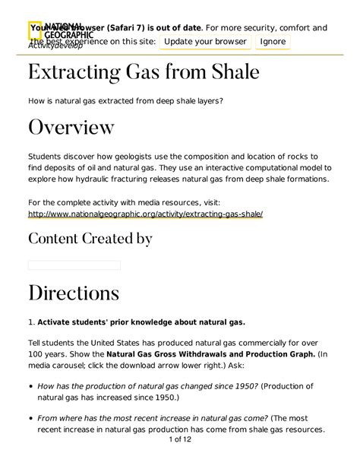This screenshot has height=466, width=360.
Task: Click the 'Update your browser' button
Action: [205, 41]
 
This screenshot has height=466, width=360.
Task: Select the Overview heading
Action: [71, 126]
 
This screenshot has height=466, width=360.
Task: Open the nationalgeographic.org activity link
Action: [145, 214]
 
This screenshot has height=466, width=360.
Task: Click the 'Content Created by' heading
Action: [90, 239]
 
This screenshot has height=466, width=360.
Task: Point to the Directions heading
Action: [74, 293]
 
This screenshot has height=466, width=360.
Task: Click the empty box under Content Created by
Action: [74, 265]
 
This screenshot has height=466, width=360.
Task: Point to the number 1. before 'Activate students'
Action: [31, 321]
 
